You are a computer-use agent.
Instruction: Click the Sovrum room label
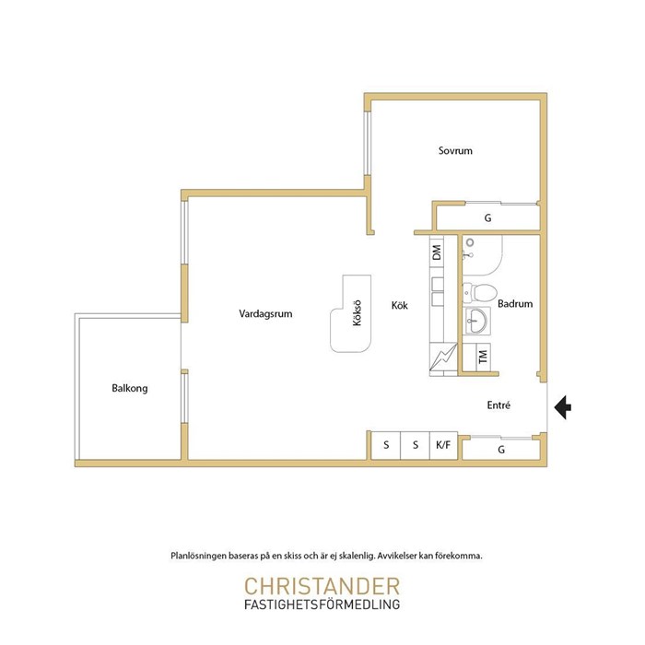point(455,150)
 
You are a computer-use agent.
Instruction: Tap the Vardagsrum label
point(265,314)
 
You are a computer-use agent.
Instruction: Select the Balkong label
point(130,388)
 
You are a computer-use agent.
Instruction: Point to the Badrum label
point(515,303)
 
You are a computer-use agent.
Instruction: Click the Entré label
point(498,405)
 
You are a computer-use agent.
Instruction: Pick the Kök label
point(399,305)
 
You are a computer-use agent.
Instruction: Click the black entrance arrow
point(562,407)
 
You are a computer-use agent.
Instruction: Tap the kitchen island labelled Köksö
point(351,314)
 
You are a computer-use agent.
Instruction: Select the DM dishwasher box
point(437,252)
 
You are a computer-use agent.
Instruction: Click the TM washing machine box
point(484,357)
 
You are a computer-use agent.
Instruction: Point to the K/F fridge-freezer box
point(443,445)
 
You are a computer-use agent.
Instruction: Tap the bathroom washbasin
point(476,321)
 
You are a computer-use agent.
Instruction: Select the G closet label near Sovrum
point(487,218)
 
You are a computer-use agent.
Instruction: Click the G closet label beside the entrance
point(501,450)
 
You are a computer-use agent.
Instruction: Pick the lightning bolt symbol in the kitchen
point(442,357)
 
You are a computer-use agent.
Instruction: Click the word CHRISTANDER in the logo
point(322,587)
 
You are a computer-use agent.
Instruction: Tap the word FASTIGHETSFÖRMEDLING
point(322,604)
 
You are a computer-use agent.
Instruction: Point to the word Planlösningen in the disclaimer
point(199,557)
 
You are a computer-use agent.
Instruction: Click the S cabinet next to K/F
point(415,445)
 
